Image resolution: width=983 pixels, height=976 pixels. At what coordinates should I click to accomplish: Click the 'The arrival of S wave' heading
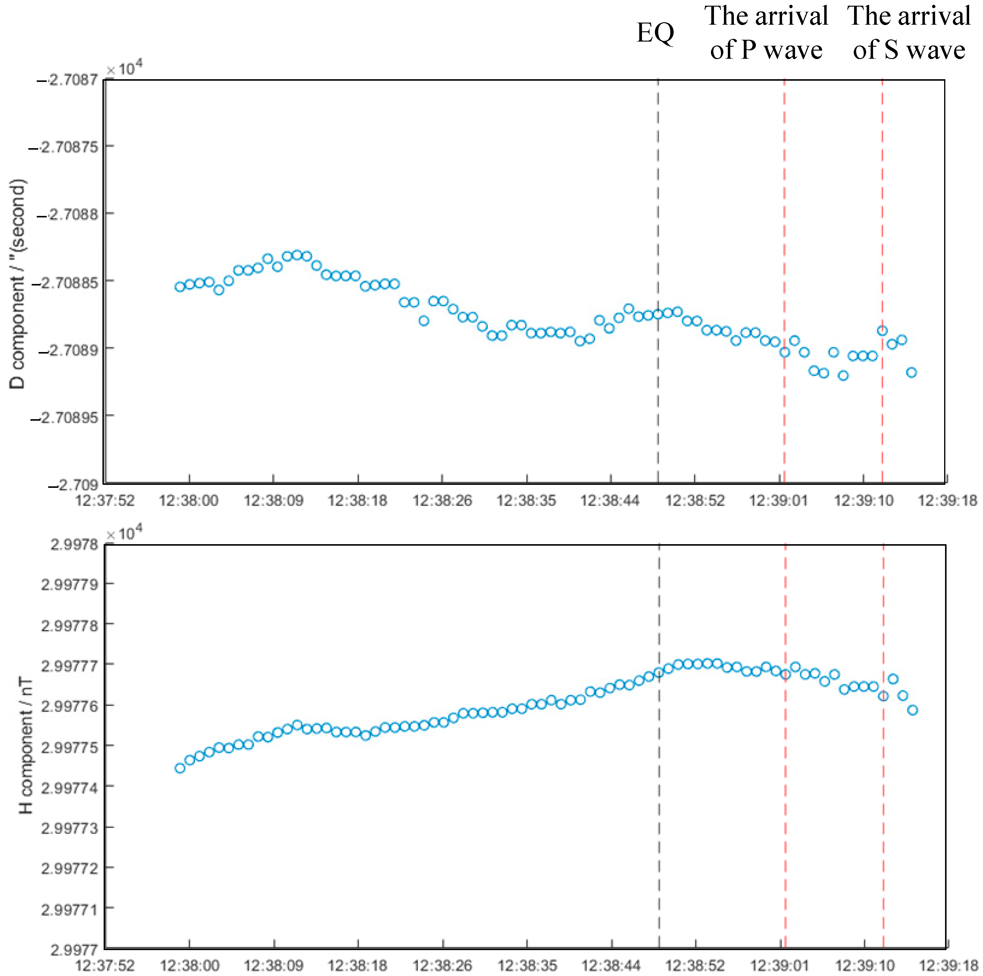[909, 33]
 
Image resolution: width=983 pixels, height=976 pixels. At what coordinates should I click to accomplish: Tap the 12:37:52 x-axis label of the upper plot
[105, 501]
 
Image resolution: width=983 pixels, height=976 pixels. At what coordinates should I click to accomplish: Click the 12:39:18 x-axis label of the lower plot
[948, 965]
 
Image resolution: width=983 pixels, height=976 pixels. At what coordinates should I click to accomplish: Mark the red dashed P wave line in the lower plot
[785, 814]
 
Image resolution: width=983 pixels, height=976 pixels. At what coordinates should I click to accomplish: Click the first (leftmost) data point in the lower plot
[180, 768]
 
